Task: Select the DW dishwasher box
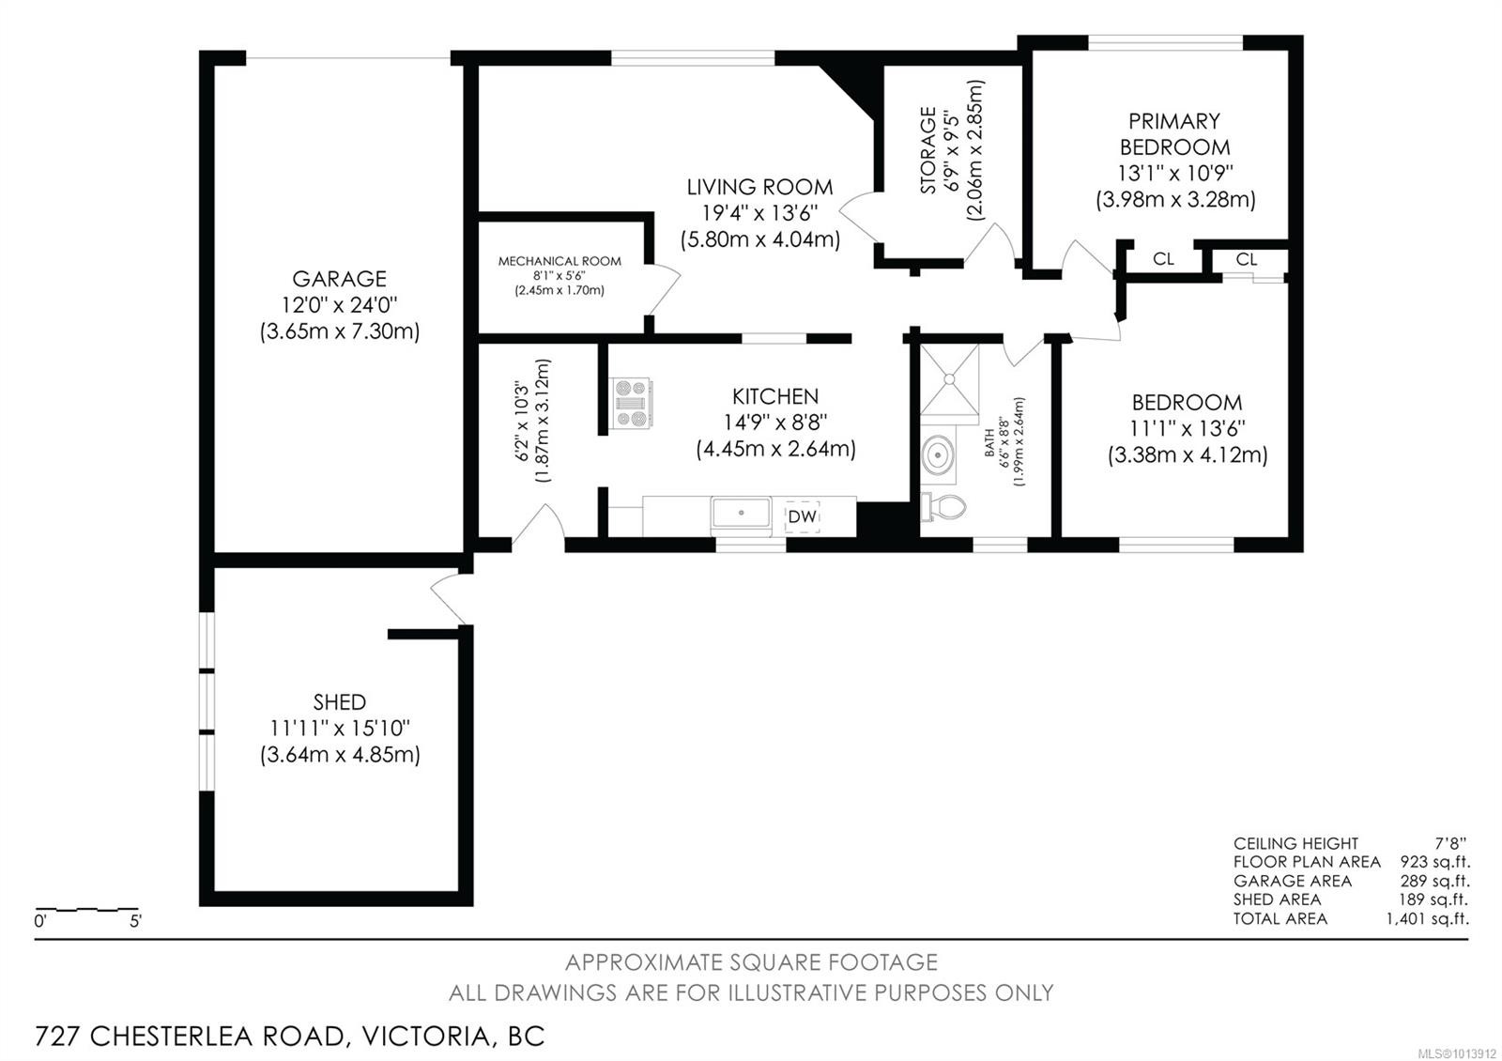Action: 803,516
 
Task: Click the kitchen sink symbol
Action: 741,515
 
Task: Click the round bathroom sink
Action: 937,456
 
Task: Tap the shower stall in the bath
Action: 949,378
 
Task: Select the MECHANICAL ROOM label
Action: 559,261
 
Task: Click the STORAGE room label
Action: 927,150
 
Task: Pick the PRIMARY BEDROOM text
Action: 1174,133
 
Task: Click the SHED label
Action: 340,701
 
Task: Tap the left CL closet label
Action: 1163,259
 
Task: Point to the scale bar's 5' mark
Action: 135,921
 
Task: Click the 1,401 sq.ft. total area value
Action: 1427,918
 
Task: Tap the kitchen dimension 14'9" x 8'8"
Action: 775,423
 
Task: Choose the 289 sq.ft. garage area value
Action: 1434,881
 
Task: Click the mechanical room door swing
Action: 665,288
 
